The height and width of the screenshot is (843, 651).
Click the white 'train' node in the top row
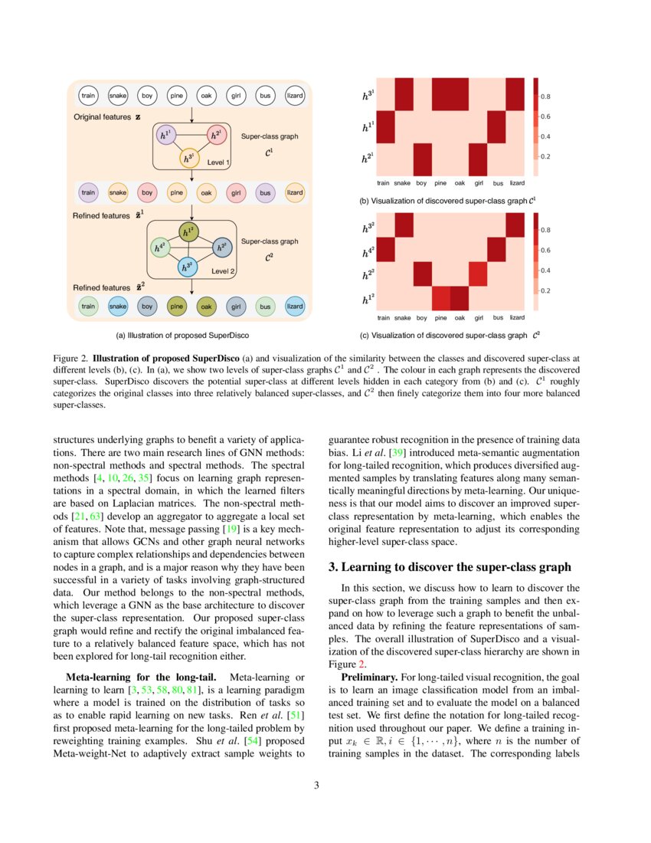(x=89, y=96)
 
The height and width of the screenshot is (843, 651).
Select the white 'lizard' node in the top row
(x=294, y=96)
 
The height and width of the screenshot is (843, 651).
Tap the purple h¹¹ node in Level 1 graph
(x=165, y=136)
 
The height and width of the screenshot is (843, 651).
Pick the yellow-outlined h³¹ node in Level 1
(x=189, y=159)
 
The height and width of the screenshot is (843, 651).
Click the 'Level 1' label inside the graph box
(x=218, y=162)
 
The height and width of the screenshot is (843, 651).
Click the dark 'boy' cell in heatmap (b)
(x=421, y=159)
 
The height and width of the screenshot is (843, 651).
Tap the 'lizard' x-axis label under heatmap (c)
(x=517, y=317)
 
